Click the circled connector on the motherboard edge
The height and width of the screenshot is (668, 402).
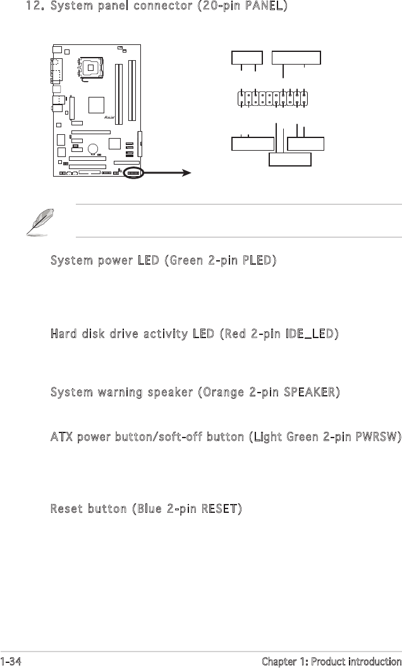click(x=133, y=172)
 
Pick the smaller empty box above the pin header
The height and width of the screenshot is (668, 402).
click(x=247, y=57)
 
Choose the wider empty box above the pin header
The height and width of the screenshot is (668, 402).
click(x=296, y=57)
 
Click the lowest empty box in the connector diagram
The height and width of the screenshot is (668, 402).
click(x=290, y=159)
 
